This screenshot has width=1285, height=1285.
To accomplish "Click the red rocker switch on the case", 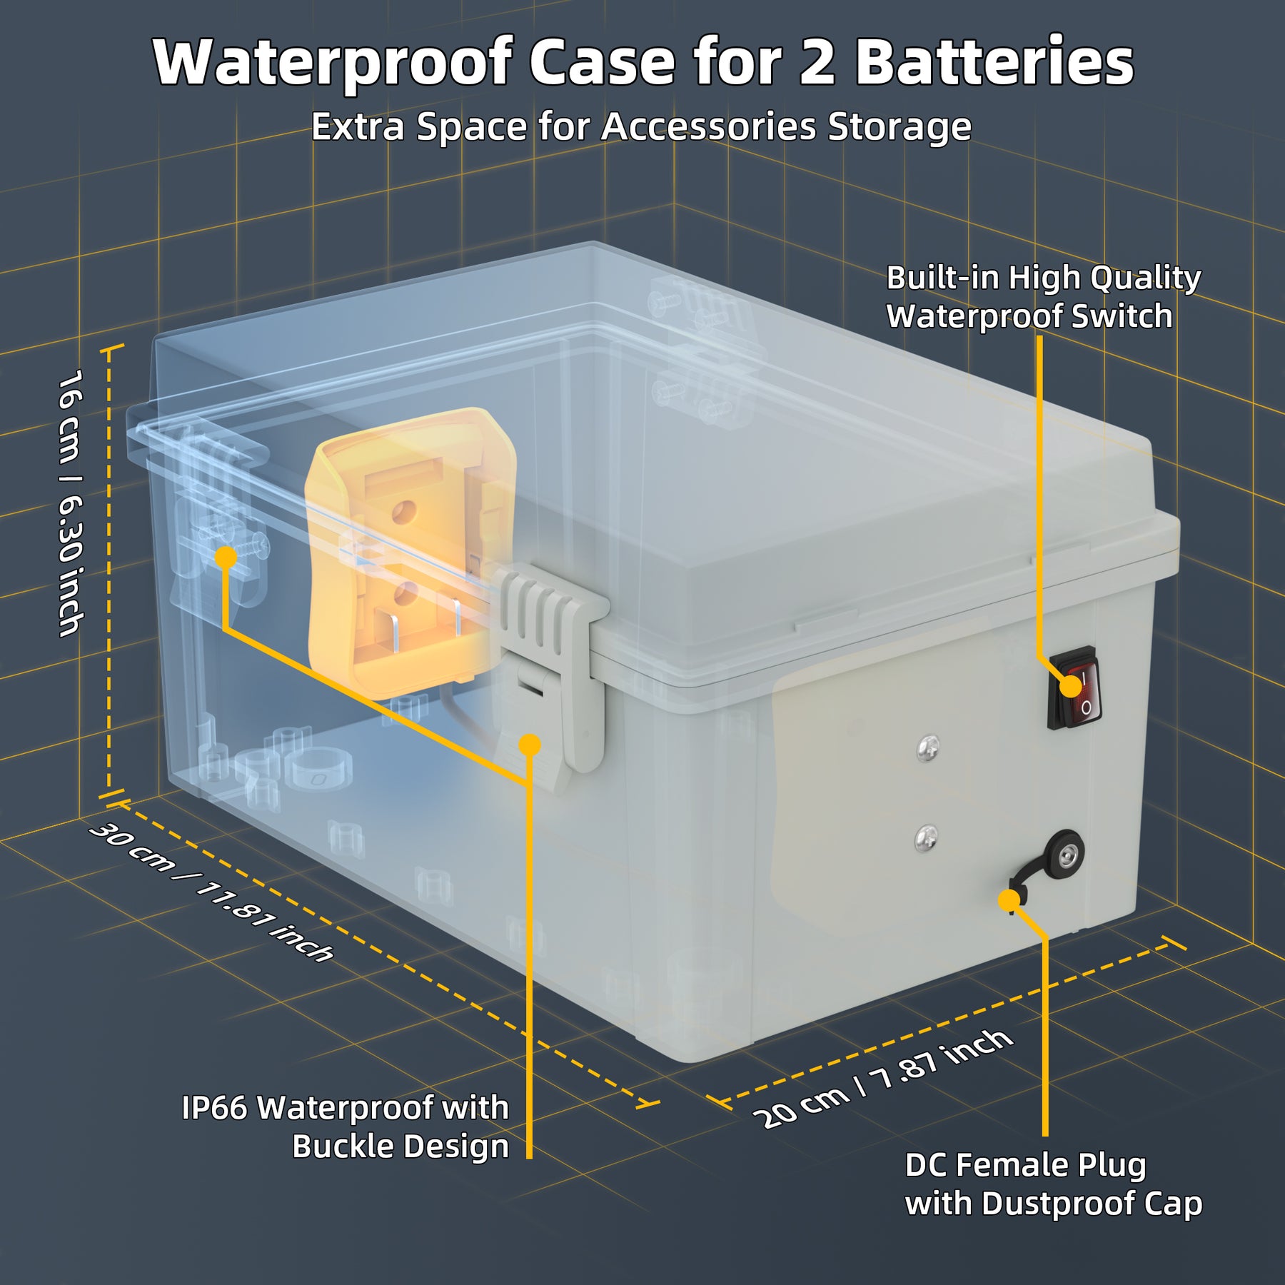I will pyautogui.click(x=1074, y=688).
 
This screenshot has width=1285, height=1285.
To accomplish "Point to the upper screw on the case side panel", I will pyautogui.click(x=927, y=747).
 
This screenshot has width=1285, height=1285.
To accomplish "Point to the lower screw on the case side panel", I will pyautogui.click(x=927, y=837).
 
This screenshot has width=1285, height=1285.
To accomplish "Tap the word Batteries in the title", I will pyautogui.click(x=994, y=63).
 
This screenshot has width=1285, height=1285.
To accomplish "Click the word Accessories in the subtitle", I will pyautogui.click(x=708, y=127).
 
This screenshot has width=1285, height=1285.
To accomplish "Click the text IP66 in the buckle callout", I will pyautogui.click(x=213, y=1109).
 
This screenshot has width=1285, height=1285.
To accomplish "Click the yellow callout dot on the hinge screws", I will pyautogui.click(x=226, y=558).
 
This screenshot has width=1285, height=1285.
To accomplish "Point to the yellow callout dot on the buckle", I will pyautogui.click(x=530, y=745).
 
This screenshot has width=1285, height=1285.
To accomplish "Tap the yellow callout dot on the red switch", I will pyautogui.click(x=1070, y=687).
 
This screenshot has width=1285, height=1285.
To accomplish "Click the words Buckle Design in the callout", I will pyautogui.click(x=400, y=1147).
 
